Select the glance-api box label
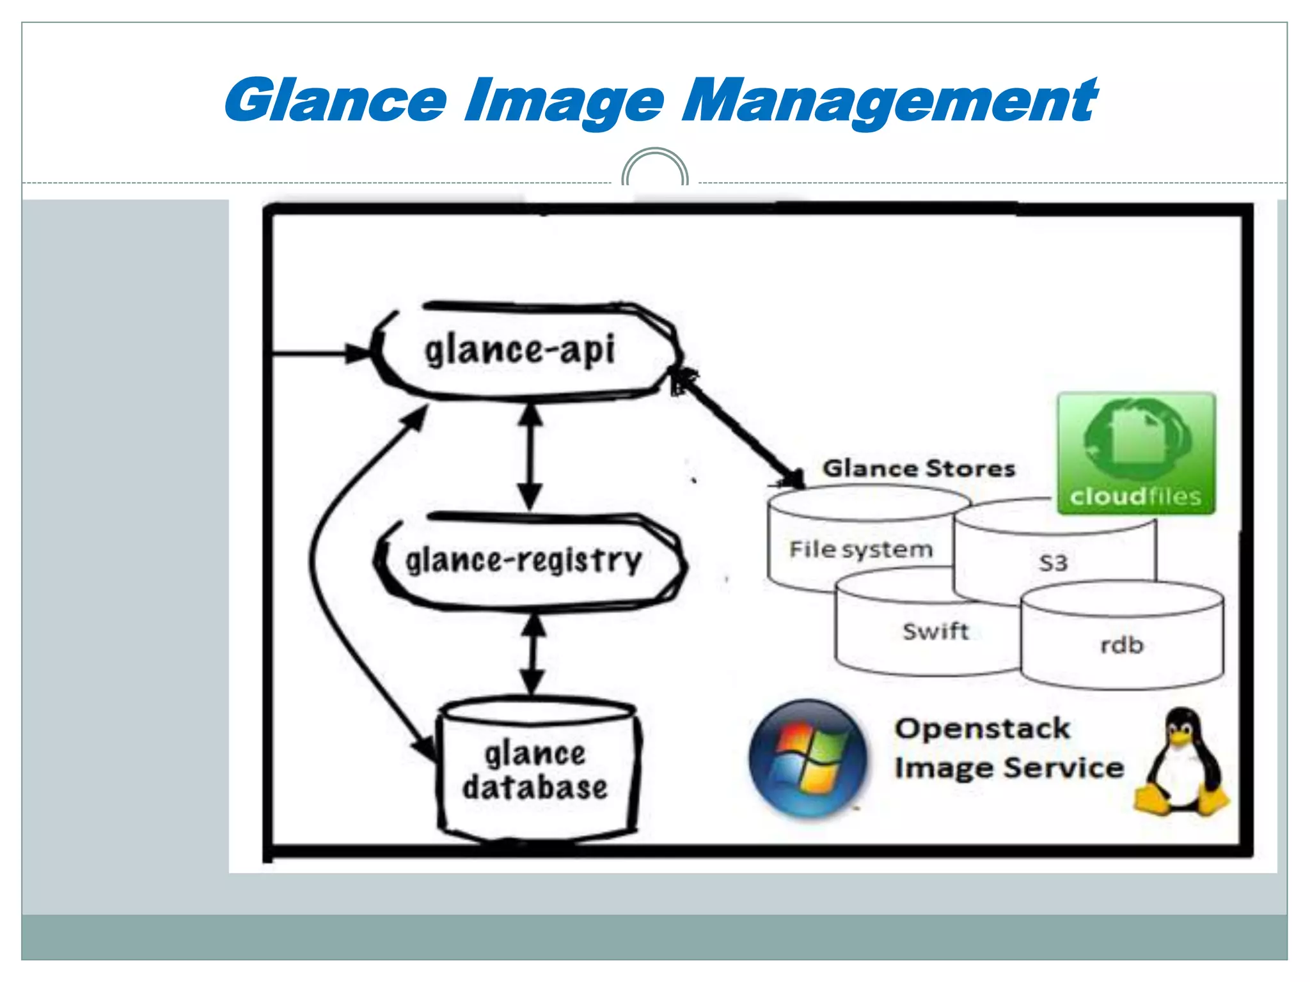pos(519,351)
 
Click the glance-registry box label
pos(523,561)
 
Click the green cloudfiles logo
pos(1136,453)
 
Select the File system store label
pos(860,549)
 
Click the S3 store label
pos(1053,563)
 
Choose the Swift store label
pos(935,631)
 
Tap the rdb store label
pos(1121,645)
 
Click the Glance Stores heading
pos(919,469)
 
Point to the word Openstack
pos(982,729)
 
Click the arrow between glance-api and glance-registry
pos(530,456)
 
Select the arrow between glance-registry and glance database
pos(532,653)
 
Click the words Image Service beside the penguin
pos(1009,768)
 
